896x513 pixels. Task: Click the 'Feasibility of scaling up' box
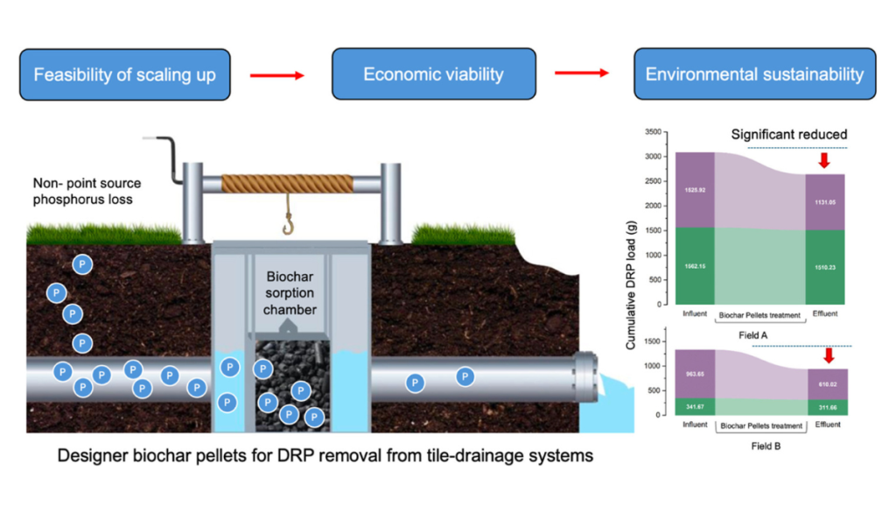coord(124,74)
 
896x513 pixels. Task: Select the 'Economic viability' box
coord(433,74)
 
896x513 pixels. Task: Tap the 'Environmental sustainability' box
coord(754,74)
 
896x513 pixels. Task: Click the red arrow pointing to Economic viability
coord(276,76)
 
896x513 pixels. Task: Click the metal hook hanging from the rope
coord(286,225)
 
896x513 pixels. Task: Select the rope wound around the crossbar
coord(287,184)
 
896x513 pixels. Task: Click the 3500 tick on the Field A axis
coord(650,132)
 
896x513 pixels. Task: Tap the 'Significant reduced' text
coord(789,134)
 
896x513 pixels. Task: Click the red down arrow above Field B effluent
coord(828,355)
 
